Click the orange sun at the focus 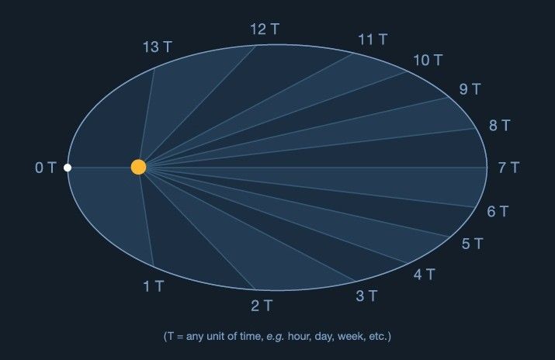click(x=138, y=167)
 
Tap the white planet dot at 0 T click(x=68, y=168)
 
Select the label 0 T click(x=46, y=168)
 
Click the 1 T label click(x=154, y=286)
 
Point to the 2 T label click(x=262, y=305)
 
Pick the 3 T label click(x=366, y=296)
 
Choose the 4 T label click(x=425, y=274)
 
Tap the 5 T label click(x=473, y=244)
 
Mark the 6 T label click(x=498, y=211)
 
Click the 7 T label click(x=508, y=168)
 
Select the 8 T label click(x=499, y=125)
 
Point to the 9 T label click(x=470, y=89)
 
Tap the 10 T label click(x=428, y=60)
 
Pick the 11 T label click(x=373, y=39)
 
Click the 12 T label click(x=265, y=29)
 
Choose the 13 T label click(x=157, y=47)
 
